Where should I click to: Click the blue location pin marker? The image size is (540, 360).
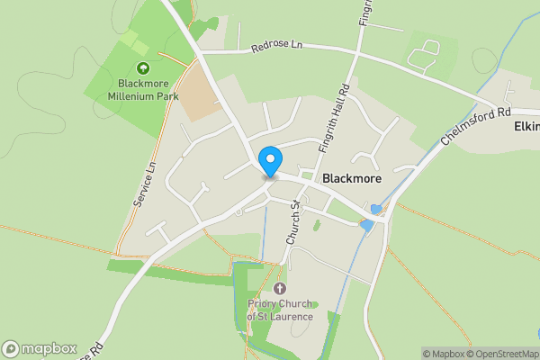[x=269, y=162]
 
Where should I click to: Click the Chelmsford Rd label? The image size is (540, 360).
[x=476, y=126]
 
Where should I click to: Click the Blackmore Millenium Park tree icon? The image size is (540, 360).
[x=141, y=68]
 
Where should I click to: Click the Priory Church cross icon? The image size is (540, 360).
[x=280, y=289]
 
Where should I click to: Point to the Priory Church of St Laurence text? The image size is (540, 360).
[x=281, y=310]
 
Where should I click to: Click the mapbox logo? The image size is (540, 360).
[x=39, y=348]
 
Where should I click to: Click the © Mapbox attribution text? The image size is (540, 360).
[x=444, y=354]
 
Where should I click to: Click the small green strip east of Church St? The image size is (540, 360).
[x=317, y=223]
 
